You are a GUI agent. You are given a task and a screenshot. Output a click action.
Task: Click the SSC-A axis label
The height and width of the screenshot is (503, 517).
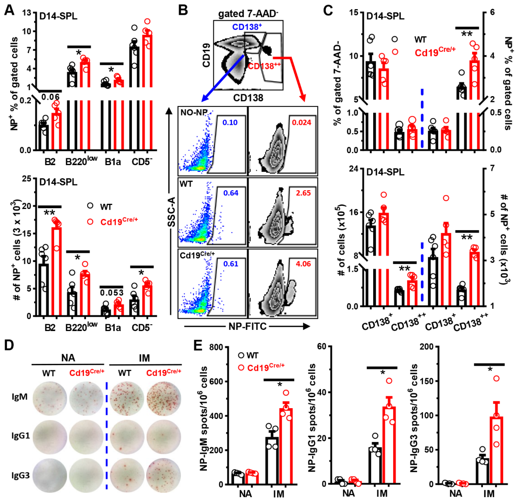point(172,212)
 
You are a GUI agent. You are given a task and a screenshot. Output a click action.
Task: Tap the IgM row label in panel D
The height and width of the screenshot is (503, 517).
point(20,397)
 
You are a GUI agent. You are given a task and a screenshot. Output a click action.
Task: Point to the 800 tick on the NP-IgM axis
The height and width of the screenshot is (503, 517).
point(216,347)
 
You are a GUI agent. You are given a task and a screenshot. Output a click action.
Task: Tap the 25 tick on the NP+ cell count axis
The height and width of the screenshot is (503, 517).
point(26,179)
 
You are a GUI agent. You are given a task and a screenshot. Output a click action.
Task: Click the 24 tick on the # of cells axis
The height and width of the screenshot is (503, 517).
point(354,169)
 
